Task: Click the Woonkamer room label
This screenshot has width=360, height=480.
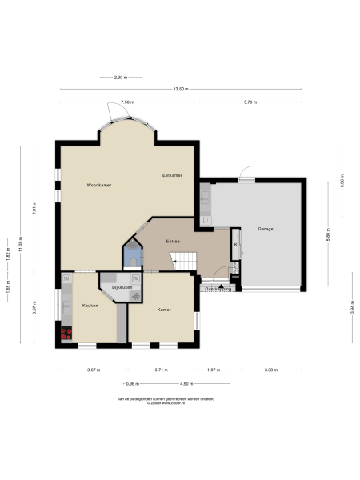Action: [99, 185]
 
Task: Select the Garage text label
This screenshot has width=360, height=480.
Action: [266, 229]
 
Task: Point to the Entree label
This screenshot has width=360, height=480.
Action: [172, 241]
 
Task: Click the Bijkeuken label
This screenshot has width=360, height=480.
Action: [121, 286]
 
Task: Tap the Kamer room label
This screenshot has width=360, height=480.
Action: [164, 309]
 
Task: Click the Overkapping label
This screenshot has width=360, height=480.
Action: [218, 290]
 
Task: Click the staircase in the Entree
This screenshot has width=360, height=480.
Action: [184, 259]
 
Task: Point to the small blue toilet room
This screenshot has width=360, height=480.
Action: [133, 256]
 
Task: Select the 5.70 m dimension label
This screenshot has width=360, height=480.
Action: [250, 102]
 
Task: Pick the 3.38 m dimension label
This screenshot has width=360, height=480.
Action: [271, 370]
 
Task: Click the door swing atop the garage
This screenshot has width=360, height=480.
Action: [248, 172]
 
